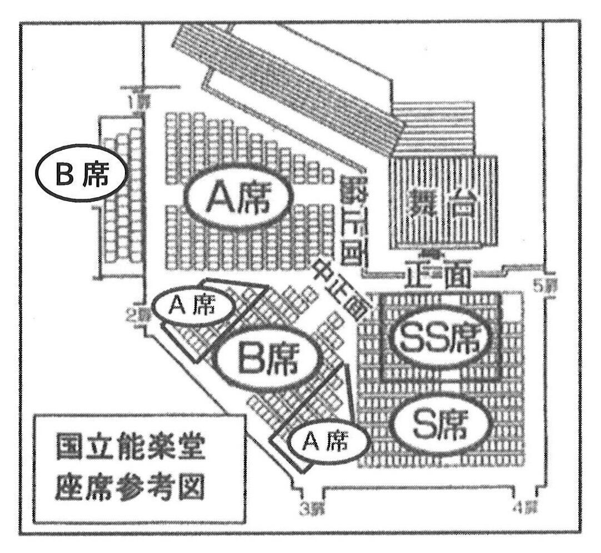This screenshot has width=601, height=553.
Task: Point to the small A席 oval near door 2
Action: tap(192, 306)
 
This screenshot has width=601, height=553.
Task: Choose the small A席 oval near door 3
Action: tap(329, 442)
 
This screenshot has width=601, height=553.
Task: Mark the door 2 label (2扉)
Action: tap(135, 315)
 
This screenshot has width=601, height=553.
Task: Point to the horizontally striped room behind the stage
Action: tap(433, 128)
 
